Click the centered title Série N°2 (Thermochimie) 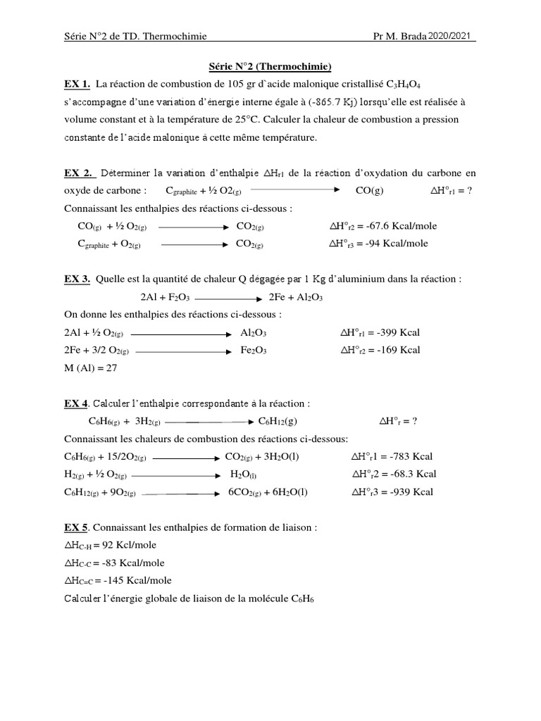pos(270,67)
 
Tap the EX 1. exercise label pos(77,84)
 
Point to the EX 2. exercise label pos(78,173)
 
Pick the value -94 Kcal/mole pos(396,244)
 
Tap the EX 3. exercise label pos(77,279)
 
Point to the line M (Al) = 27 pos(91,368)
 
